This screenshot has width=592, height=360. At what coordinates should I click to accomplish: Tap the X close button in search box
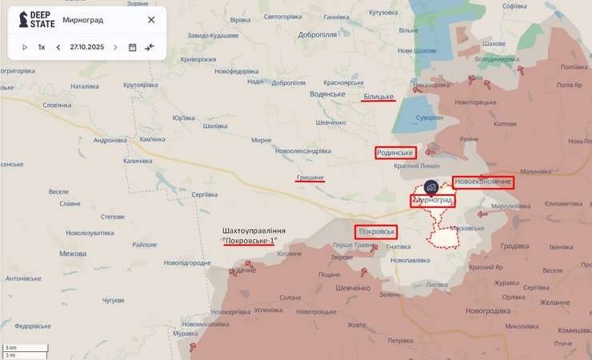151,19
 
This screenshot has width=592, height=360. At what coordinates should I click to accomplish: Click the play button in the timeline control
25,47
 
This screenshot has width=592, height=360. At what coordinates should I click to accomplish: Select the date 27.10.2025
86,47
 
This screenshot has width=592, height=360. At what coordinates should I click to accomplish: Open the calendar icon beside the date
132,47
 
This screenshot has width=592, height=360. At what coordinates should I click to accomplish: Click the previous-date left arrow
58,47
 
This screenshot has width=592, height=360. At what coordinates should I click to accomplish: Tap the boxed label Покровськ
377,231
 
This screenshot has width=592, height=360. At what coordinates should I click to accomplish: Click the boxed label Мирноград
433,200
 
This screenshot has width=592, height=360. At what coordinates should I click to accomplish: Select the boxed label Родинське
395,153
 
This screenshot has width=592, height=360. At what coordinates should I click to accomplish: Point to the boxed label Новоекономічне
482,182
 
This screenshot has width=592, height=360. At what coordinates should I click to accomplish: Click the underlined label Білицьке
378,97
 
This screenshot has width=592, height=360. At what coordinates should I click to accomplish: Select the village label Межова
73,254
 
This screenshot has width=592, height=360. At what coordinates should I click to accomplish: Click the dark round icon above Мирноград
431,186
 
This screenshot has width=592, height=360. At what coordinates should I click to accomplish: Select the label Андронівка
110,140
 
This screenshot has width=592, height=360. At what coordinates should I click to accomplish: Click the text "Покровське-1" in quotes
254,240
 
